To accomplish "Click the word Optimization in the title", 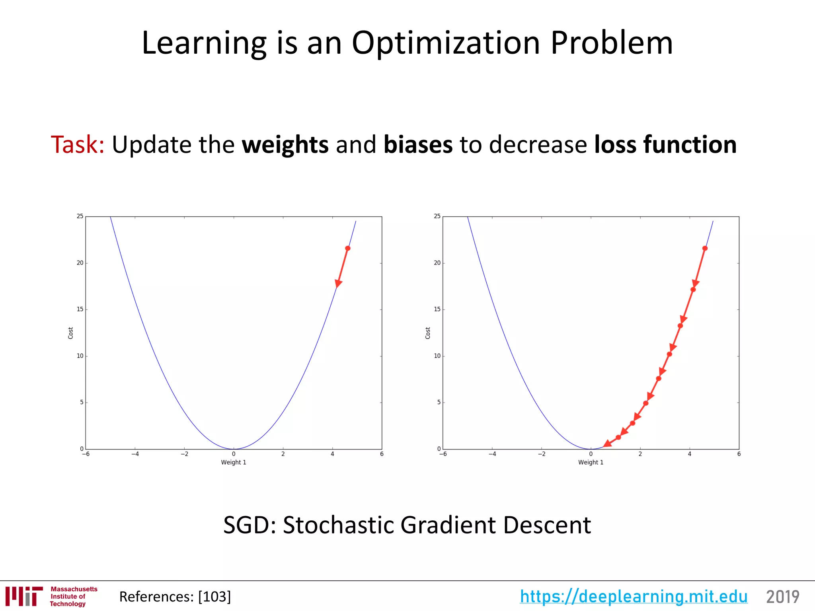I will pyautogui.click(x=446, y=44).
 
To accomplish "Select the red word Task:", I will pyautogui.click(x=78, y=144).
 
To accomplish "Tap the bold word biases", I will pyautogui.click(x=418, y=144).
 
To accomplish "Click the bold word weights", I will pyautogui.click(x=285, y=145).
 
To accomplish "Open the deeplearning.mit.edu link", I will pyautogui.click(x=634, y=596).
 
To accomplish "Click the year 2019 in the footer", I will pyautogui.click(x=782, y=597).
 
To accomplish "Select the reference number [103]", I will pyautogui.click(x=214, y=597).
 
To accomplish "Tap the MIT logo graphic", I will pyautogui.click(x=24, y=596).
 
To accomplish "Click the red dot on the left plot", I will pyautogui.click(x=347, y=248).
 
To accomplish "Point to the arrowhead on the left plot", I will pyautogui.click(x=338, y=283).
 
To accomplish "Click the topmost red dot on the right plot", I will pyautogui.click(x=705, y=248).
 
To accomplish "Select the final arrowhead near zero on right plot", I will pyautogui.click(x=607, y=444).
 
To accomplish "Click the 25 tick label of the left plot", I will pyautogui.click(x=80, y=216).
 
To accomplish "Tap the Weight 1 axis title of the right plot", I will pyautogui.click(x=591, y=462).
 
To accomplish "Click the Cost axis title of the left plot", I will pyautogui.click(x=70, y=333).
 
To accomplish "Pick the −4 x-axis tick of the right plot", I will pyautogui.click(x=492, y=454).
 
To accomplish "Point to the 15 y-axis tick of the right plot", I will pyautogui.click(x=437, y=309).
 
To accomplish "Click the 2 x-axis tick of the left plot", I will pyautogui.click(x=283, y=454).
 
